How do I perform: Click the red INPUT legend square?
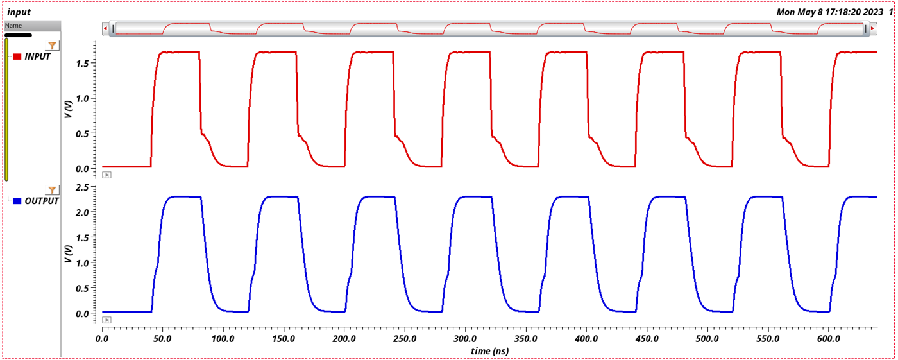click(x=17, y=56)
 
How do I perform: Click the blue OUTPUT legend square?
click(x=17, y=201)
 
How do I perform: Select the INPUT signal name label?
click(x=37, y=56)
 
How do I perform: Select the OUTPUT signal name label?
click(x=42, y=201)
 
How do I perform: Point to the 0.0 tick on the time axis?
click(x=103, y=338)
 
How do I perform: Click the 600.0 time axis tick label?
click(x=828, y=338)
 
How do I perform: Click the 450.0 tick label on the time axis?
click(x=647, y=338)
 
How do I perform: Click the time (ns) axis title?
click(x=489, y=351)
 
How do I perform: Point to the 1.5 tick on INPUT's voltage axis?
click(x=86, y=63)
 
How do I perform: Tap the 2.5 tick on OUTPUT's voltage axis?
click(x=86, y=187)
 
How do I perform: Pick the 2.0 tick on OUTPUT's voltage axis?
click(x=86, y=212)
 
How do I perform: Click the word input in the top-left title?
click(x=19, y=12)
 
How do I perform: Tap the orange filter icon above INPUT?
click(x=53, y=46)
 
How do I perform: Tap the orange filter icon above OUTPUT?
click(x=53, y=190)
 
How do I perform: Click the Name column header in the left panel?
click(x=13, y=25)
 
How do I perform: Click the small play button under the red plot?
click(x=107, y=175)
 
